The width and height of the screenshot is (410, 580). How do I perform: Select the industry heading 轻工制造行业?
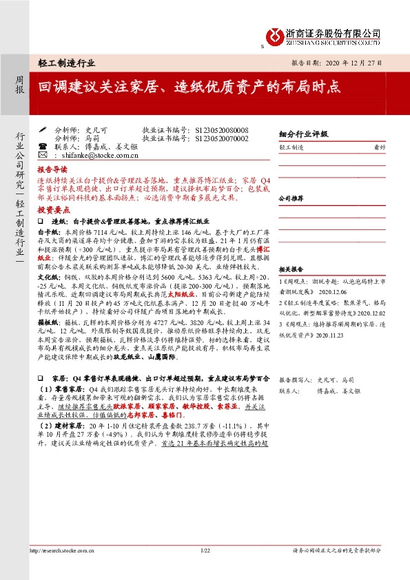[66, 62]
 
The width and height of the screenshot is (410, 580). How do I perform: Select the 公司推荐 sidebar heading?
[292, 197]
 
